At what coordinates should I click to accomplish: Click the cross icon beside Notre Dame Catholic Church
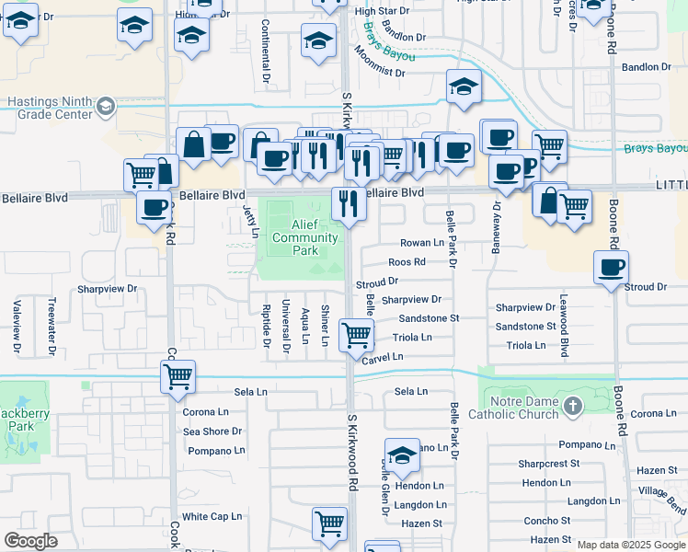coord(573,406)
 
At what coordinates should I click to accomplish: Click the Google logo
coord(31,540)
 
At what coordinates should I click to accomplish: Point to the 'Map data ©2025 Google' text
coord(630,545)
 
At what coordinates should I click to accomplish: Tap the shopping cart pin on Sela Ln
coord(178,375)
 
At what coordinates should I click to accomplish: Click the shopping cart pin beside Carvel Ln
coord(356,335)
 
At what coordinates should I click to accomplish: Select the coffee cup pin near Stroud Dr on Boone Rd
coord(611,269)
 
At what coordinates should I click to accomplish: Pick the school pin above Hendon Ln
coord(402,455)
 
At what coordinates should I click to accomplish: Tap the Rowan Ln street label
coord(421,243)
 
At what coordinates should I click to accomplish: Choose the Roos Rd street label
coord(407,262)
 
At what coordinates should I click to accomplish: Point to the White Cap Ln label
coord(212,517)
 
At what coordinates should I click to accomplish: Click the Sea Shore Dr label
coord(212,431)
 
